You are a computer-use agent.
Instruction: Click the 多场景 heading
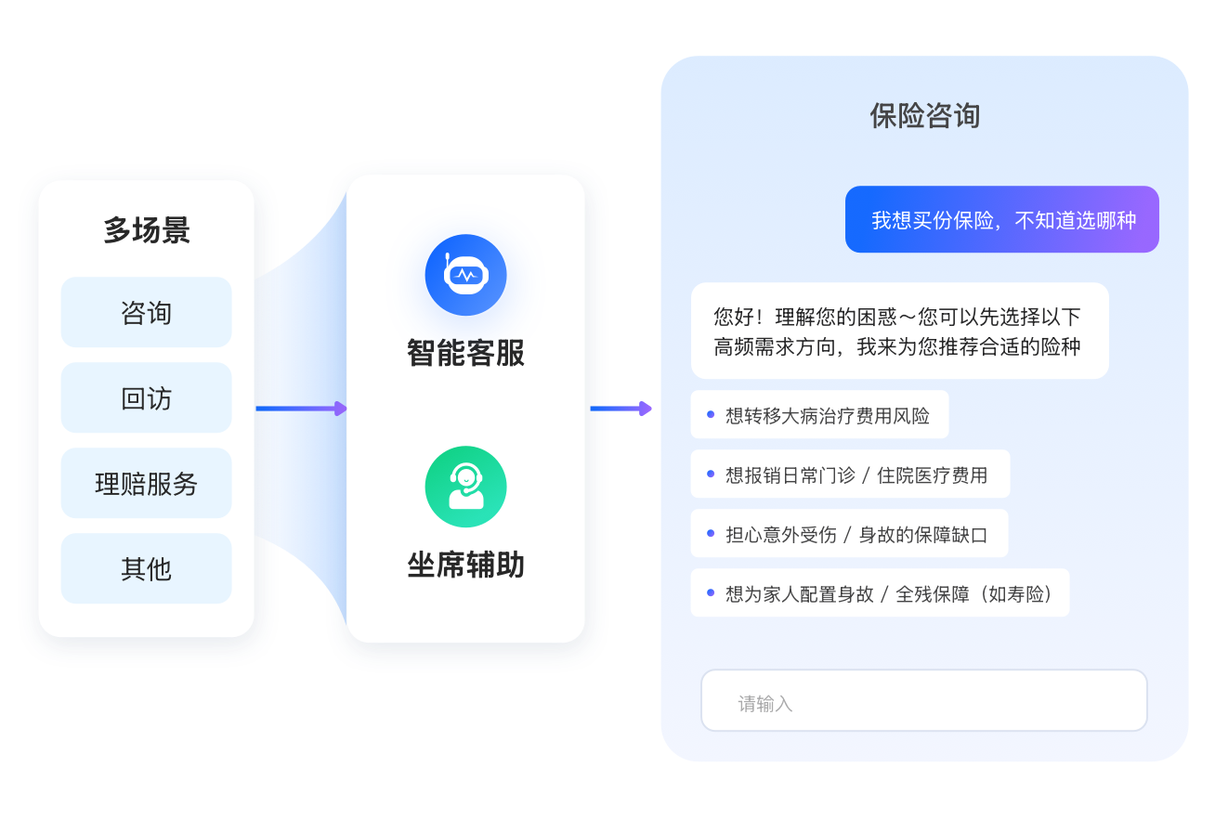[146, 230]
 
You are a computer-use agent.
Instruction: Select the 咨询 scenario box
[146, 313]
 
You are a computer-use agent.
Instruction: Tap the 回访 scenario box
[146, 398]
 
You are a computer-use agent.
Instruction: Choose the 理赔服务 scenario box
[146, 484]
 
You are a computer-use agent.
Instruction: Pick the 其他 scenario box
[146, 568]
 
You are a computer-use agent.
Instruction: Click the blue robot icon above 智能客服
[465, 275]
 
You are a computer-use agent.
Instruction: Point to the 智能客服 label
[465, 353]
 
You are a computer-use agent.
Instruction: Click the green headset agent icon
[465, 487]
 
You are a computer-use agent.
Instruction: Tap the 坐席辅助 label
[465, 565]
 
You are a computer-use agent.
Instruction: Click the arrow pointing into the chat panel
[621, 409]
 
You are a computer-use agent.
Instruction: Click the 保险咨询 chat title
[924, 116]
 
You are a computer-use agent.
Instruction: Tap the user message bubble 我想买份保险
[1001, 220]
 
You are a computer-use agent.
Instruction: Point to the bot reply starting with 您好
[899, 331]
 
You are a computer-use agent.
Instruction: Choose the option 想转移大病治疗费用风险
[819, 415]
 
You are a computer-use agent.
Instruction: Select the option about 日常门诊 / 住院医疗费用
[850, 474]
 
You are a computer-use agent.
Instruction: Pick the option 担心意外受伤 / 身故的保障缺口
[849, 534]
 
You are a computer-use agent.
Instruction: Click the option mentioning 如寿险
[880, 593]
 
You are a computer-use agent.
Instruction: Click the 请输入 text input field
[923, 702]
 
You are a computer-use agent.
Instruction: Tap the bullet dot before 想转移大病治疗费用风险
[711, 415]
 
